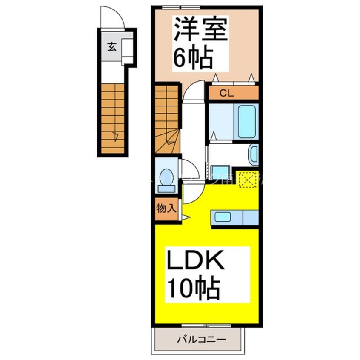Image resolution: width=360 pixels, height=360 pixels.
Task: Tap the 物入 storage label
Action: coord(166,209)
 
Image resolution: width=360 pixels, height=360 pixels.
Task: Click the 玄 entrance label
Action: coord(111,47)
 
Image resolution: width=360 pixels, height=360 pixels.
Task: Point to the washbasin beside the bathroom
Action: coord(254,154)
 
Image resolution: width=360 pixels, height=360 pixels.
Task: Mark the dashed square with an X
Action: coord(246,178)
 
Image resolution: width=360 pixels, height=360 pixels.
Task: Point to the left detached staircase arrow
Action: coord(115,136)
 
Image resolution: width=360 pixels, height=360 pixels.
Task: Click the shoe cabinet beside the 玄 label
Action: coord(128,49)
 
